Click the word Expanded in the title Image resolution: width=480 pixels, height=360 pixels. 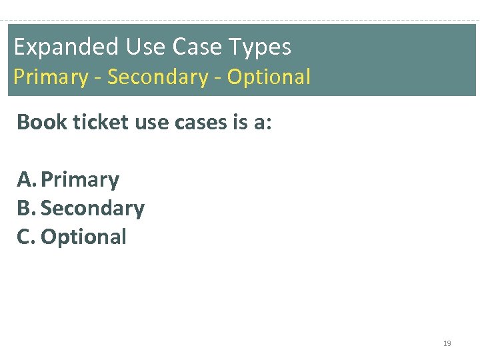pos(56,47)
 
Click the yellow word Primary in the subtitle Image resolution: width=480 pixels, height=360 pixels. pos(50,77)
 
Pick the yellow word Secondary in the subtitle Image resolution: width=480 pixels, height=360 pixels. pos(158,77)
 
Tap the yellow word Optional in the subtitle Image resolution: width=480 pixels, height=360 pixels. pos(269,77)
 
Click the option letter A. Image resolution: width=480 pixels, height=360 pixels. pos(26,179)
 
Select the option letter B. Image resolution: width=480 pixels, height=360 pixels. pos(25,209)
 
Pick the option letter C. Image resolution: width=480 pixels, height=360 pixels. pos(25,237)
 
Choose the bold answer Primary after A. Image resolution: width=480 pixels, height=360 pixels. pos(80,180)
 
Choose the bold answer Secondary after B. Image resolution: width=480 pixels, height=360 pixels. pos(93,209)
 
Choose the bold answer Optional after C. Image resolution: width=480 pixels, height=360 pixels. pos(83,237)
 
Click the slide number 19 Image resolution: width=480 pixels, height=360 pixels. pos(447,344)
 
